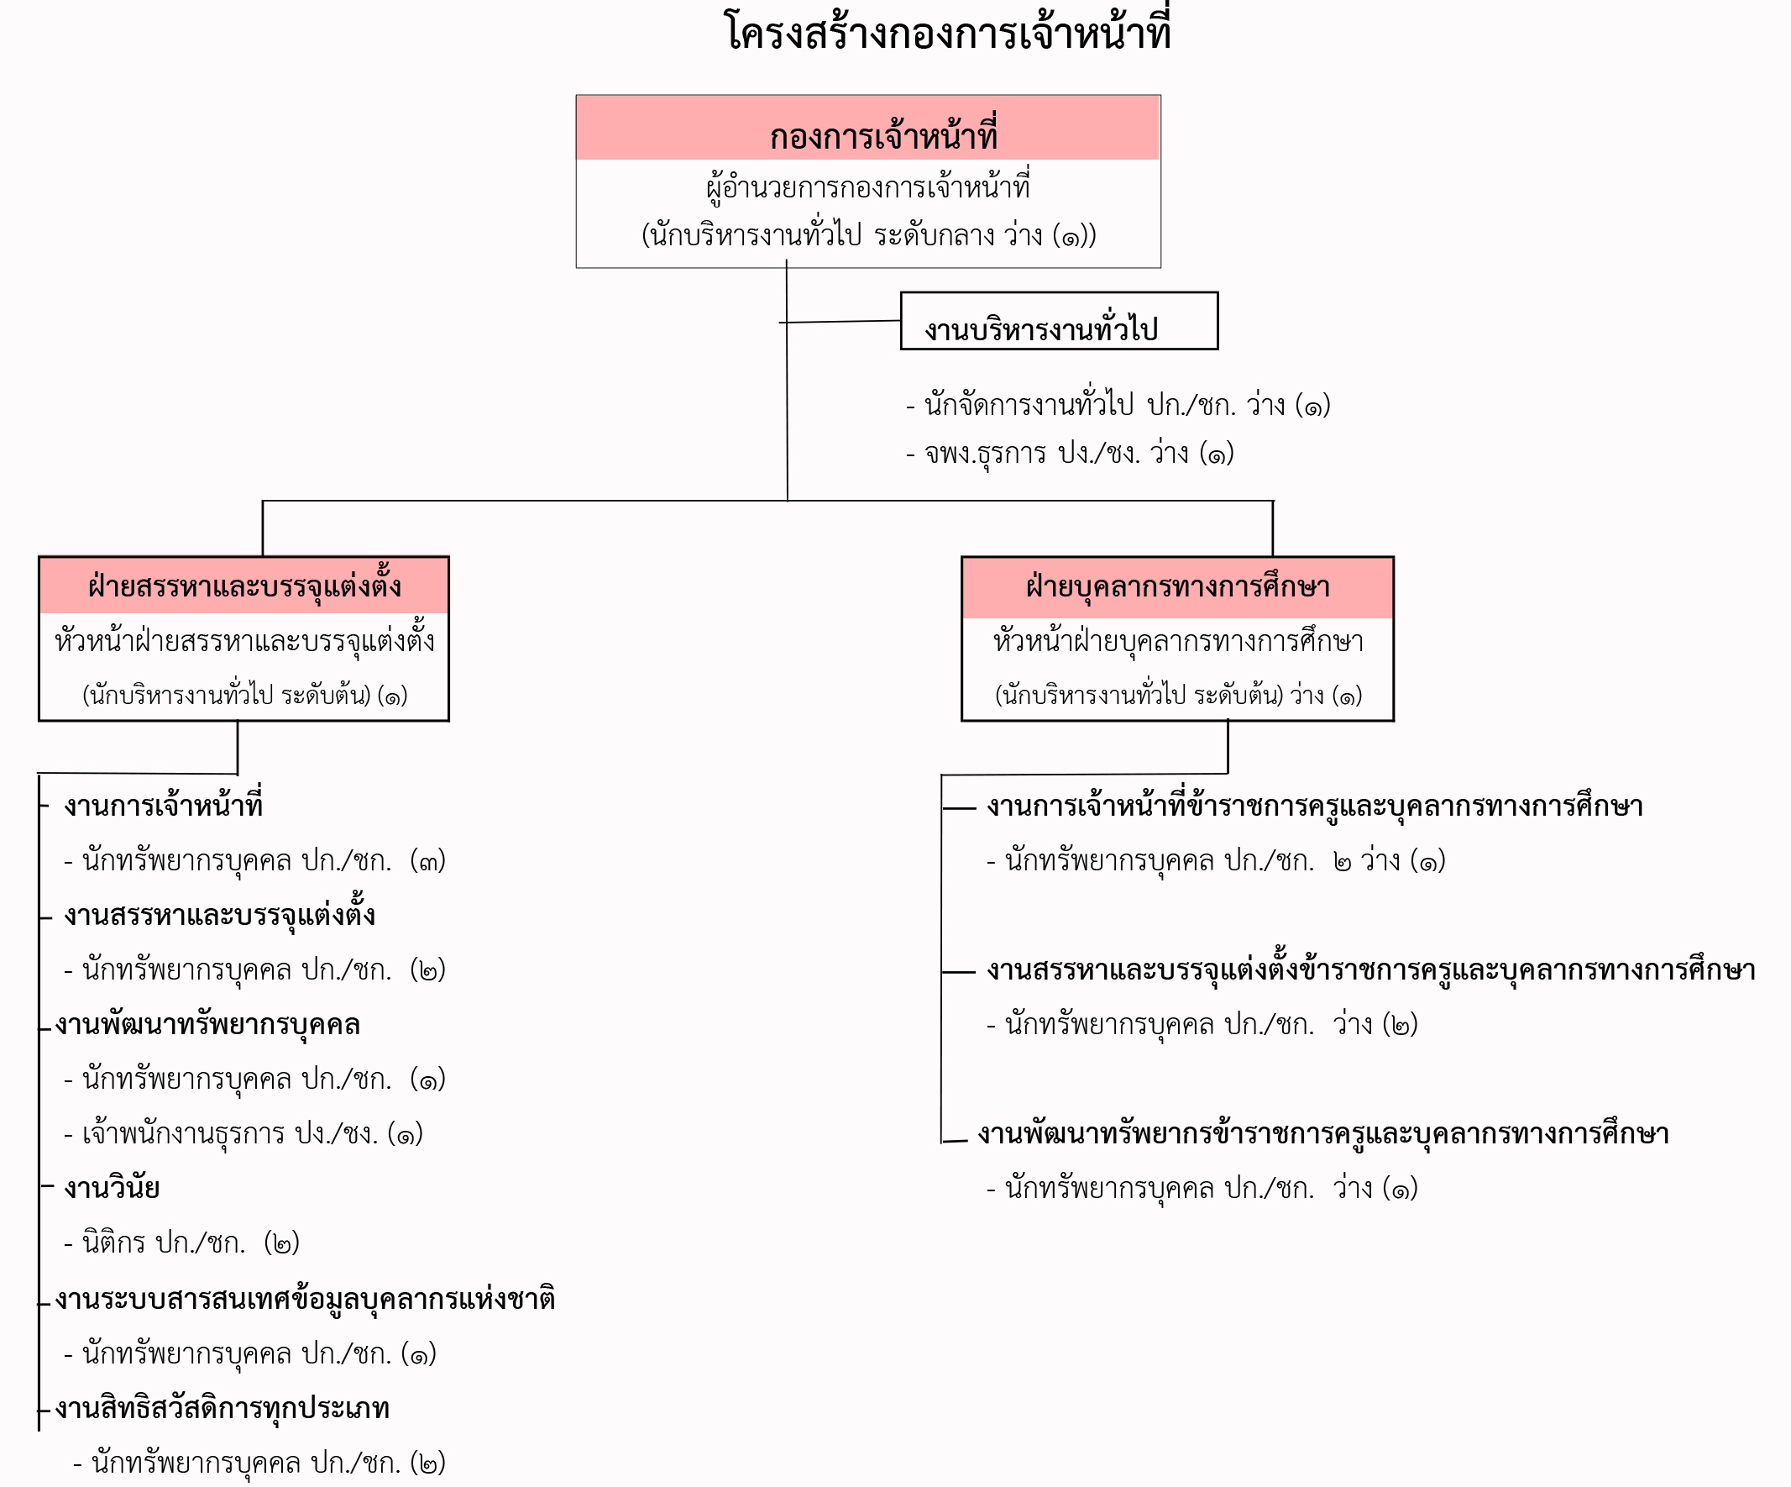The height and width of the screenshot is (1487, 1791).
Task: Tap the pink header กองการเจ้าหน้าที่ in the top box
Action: tap(867, 128)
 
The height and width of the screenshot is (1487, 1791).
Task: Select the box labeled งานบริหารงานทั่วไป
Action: tap(1060, 321)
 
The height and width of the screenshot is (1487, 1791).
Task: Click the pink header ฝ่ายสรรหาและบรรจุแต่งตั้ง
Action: tap(244, 586)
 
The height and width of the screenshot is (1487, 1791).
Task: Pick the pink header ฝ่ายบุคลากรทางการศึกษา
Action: tap(1178, 587)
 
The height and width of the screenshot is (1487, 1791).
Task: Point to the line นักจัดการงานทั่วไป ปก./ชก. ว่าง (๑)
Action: tap(1118, 404)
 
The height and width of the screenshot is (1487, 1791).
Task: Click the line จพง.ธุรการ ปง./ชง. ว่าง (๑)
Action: tap(1070, 453)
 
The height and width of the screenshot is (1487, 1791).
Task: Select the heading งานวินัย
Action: tap(112, 1188)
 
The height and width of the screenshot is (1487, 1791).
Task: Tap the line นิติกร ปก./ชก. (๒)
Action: tap(181, 1243)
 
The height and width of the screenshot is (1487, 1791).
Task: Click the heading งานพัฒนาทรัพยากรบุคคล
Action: tap(207, 1024)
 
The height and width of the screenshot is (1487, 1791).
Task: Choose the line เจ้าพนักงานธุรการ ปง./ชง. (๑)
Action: tap(243, 1133)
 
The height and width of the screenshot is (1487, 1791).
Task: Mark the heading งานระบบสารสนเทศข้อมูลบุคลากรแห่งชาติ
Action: tap(306, 1299)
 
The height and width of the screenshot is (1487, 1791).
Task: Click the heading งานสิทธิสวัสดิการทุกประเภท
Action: tap(222, 1408)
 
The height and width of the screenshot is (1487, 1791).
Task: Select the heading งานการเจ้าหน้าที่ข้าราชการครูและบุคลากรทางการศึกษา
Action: tap(1314, 806)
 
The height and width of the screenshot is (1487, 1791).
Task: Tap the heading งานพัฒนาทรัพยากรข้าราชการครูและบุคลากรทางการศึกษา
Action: tap(1322, 1133)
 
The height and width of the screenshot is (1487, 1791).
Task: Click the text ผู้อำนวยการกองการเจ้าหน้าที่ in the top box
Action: tap(868, 186)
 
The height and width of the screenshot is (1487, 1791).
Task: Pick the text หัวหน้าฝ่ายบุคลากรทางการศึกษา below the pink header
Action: tap(1178, 641)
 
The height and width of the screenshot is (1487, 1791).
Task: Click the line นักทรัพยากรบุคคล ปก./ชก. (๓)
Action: tap(255, 860)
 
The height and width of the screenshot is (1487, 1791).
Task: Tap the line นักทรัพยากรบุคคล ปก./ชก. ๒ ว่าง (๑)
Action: tap(1216, 860)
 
